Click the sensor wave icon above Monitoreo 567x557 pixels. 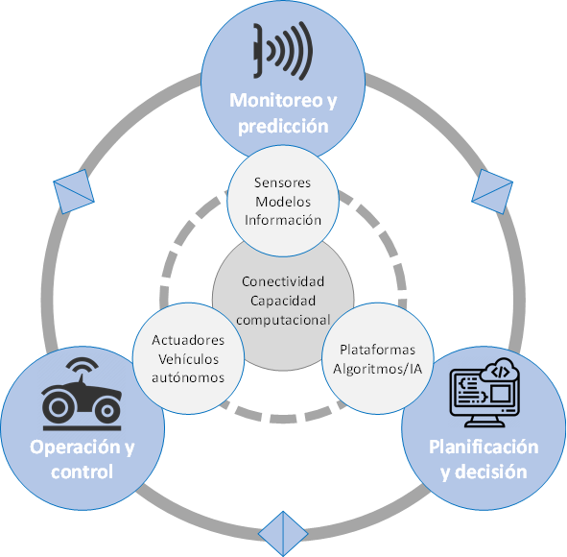283,51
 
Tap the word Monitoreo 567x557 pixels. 276,100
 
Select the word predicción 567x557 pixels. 283,127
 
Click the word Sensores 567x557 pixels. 282,182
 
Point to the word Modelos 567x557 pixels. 283,202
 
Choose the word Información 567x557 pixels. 283,220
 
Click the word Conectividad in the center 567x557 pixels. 283,281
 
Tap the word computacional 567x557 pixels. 283,320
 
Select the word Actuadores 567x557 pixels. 188,340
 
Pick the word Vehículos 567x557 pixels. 188,359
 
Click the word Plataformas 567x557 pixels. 377,350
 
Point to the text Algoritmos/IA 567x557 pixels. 377,369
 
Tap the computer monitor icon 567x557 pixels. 484,393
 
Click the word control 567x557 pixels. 83,472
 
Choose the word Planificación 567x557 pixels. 484,448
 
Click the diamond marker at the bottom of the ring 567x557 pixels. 283,534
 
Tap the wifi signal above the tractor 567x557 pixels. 83,364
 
